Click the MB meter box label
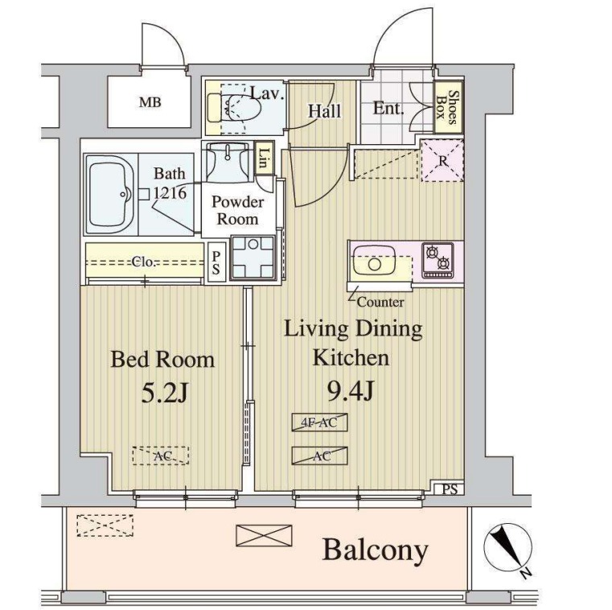click(x=150, y=103)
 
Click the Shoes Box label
click(x=447, y=107)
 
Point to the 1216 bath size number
click(x=170, y=193)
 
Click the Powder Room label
click(x=238, y=210)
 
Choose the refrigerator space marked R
click(x=442, y=160)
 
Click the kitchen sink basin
click(x=373, y=263)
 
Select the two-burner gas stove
click(x=437, y=260)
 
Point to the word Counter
click(x=380, y=302)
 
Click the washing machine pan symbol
click(x=253, y=258)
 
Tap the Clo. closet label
click(x=143, y=262)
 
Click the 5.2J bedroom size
click(x=165, y=394)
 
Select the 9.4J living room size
click(x=351, y=391)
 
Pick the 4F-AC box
click(x=319, y=422)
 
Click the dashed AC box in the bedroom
click(x=161, y=455)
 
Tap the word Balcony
click(x=375, y=551)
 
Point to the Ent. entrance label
click(x=388, y=108)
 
